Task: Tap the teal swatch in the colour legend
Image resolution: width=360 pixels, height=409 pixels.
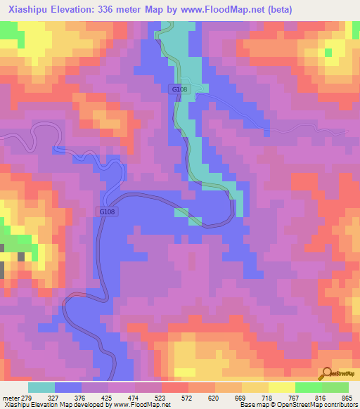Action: coord(41,387)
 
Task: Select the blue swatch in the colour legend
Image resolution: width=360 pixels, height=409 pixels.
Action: coord(68,387)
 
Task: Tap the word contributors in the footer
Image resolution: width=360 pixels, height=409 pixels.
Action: coord(342,404)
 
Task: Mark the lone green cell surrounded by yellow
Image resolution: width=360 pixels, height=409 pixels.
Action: coord(328,52)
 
